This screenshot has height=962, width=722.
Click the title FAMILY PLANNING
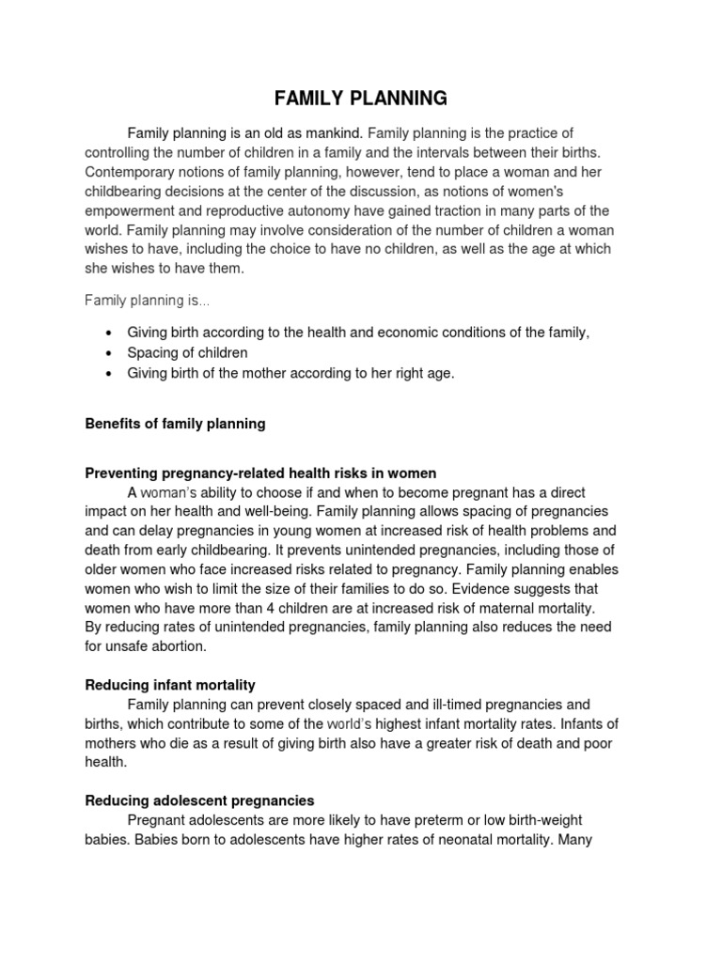point(360,99)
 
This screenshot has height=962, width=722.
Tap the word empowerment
point(133,210)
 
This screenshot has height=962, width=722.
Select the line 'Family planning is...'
point(148,301)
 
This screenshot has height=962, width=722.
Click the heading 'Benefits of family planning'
point(175,424)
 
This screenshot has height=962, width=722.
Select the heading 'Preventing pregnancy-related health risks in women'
point(260,473)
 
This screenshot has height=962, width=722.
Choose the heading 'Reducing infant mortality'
point(170,685)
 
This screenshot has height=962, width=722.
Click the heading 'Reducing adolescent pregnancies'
point(199,800)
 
